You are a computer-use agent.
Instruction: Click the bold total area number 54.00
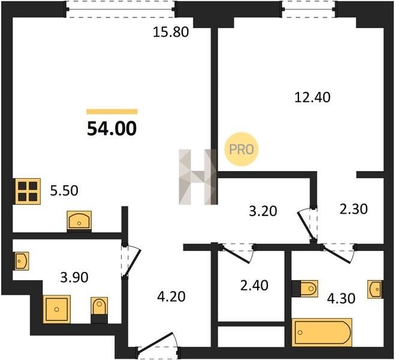112,128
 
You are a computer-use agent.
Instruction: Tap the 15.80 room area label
171,32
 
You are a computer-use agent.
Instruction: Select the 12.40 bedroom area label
312,97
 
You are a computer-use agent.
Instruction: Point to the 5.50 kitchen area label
64,191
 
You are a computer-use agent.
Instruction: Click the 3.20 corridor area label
263,211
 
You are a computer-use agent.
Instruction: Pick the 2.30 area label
354,209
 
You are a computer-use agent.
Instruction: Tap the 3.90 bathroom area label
74,277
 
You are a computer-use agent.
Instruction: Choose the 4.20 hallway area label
171,296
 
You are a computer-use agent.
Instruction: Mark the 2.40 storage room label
254,286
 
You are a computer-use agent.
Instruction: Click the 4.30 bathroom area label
341,298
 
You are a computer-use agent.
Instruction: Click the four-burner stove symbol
28,191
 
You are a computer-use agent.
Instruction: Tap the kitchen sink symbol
79,221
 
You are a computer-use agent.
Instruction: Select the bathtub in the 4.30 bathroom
322,332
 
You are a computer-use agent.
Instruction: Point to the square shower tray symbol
57,310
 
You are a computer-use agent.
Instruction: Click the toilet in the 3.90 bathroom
99,310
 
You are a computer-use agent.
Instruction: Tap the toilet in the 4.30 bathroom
305,289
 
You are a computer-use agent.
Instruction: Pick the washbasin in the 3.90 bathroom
21,261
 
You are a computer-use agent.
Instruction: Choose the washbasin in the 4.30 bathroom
375,289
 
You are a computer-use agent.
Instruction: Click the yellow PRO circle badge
242,149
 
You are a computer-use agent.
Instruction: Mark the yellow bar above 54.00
112,112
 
